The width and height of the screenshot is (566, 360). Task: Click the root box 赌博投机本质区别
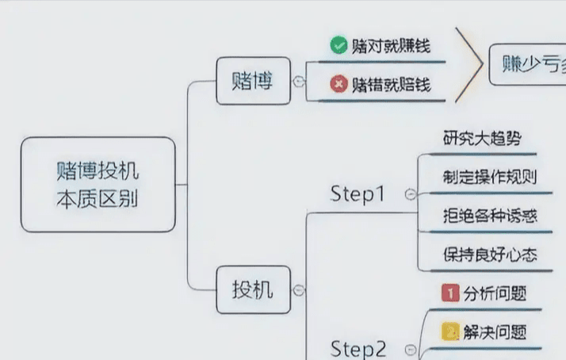[x=98, y=184]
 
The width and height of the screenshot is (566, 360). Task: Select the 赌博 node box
[x=252, y=81]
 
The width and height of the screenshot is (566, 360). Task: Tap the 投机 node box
[x=252, y=290]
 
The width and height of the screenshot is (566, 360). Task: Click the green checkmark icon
[x=338, y=45]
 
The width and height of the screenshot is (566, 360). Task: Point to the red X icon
[x=338, y=83]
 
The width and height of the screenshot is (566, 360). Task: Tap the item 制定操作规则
[x=490, y=176]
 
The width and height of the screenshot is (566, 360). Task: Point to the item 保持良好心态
[x=490, y=255]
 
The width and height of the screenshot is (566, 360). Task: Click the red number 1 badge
[x=449, y=293]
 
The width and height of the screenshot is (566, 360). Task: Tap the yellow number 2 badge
[x=449, y=331]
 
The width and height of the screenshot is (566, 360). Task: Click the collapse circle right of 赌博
[x=299, y=81]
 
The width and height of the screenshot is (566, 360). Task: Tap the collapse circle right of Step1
[x=410, y=194]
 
